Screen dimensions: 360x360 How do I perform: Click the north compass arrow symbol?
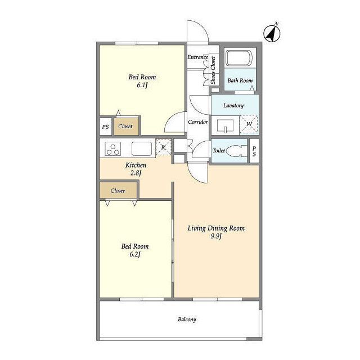[x=272, y=34]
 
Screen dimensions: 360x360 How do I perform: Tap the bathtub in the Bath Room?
[x=239, y=58]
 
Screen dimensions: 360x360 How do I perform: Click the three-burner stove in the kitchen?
[x=113, y=148]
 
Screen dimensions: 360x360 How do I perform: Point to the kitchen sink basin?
[x=142, y=148]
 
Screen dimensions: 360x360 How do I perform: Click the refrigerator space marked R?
[x=164, y=147]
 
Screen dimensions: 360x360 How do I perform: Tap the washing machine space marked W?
[x=249, y=124]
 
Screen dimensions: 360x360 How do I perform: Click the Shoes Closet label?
[x=213, y=70]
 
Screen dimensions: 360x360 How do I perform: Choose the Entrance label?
[x=197, y=57]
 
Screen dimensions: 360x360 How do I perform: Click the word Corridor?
[x=197, y=122]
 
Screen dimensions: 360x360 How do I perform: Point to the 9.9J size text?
[x=216, y=236]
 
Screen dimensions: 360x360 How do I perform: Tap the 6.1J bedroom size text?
[x=142, y=85]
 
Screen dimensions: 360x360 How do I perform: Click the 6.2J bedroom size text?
[x=135, y=254]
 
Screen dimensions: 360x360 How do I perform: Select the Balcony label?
[x=187, y=319]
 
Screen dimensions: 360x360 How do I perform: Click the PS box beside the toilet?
[x=254, y=151]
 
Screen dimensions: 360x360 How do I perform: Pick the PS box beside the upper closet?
[x=105, y=127]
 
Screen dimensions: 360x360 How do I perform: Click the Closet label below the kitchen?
[x=118, y=191]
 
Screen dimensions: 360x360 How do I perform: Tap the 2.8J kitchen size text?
[x=136, y=173]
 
